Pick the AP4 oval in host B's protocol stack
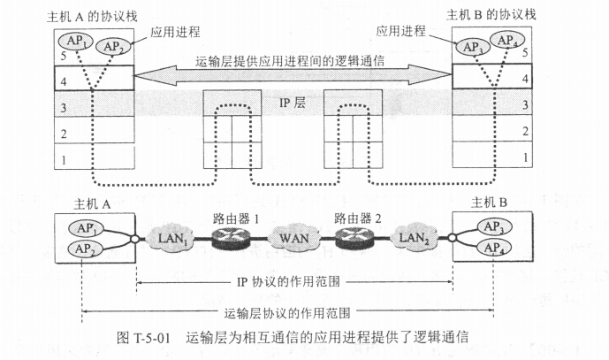[x=508, y=40]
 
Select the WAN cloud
[x=293, y=237]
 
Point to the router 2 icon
[x=354, y=236]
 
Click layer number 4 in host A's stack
[x=64, y=80]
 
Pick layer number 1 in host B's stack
[x=526, y=157]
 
